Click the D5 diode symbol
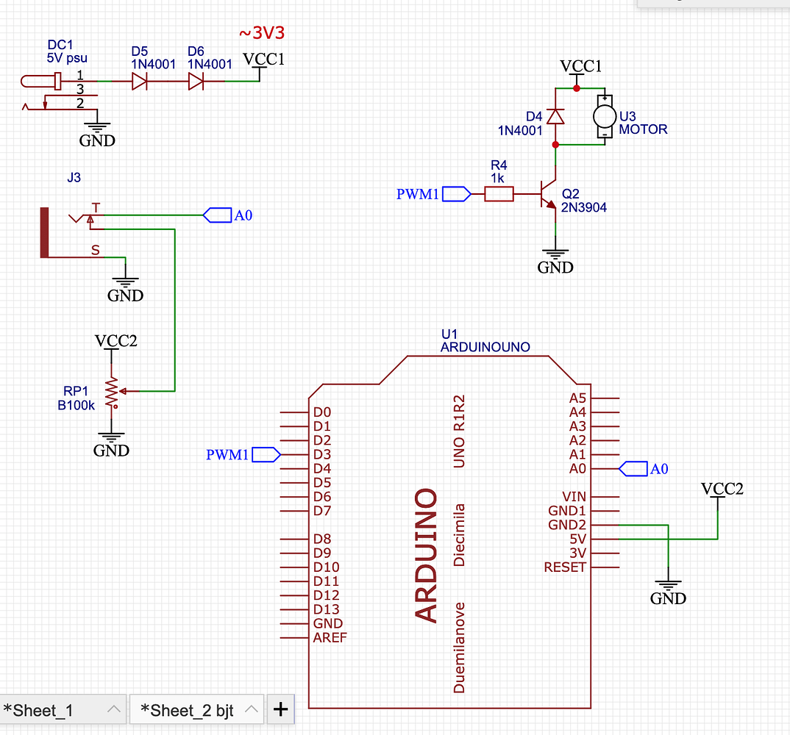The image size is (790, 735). click(140, 82)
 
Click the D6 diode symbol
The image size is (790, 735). click(196, 82)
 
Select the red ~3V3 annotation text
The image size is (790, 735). click(261, 33)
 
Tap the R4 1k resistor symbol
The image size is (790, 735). click(499, 194)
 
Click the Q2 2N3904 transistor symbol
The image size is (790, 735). click(548, 195)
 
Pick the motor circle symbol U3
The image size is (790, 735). click(604, 115)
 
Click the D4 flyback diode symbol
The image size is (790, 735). click(556, 116)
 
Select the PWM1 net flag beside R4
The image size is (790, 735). click(456, 194)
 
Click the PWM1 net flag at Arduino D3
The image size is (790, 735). click(266, 455)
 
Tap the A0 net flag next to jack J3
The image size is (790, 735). click(218, 215)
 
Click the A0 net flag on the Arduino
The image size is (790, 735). click(635, 468)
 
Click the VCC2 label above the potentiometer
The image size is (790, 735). click(115, 341)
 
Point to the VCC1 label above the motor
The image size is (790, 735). click(580, 66)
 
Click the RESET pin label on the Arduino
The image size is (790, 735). click(565, 567)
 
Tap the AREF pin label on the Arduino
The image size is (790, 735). click(329, 637)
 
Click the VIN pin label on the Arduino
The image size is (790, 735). click(574, 497)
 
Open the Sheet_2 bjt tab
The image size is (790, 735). click(188, 710)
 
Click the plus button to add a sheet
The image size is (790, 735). click(280, 709)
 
